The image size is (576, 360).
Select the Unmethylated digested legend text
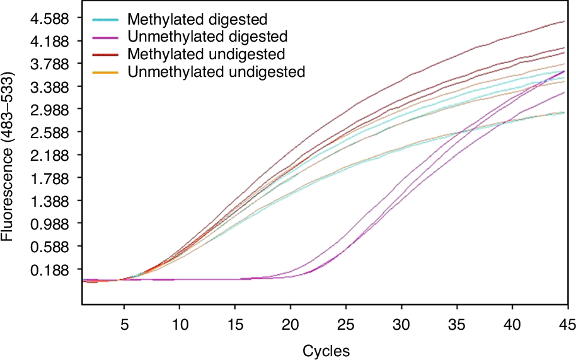[x=207, y=36]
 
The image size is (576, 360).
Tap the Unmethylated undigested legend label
[x=216, y=71]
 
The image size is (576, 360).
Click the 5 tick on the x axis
[x=124, y=322]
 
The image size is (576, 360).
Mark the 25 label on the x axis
[x=345, y=322]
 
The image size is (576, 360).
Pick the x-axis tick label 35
[x=456, y=322]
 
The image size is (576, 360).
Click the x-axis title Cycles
[x=326, y=350]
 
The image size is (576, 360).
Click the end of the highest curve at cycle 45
[x=564, y=21]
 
